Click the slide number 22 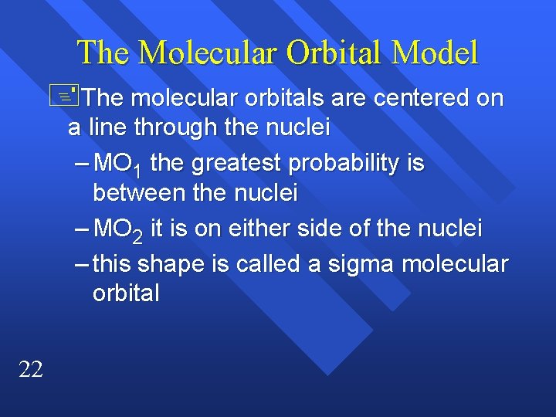coord(31,370)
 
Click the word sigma coord(351,264)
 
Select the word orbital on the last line coord(126,293)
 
